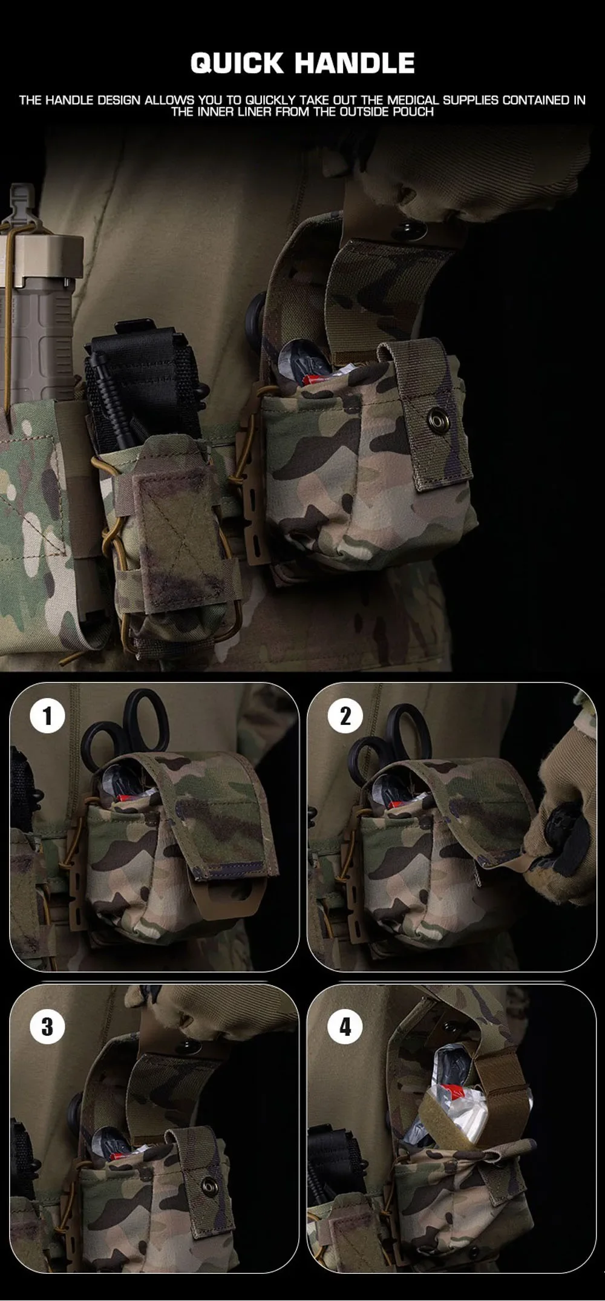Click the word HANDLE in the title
(355, 63)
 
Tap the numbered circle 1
(47, 716)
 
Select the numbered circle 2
(345, 716)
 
